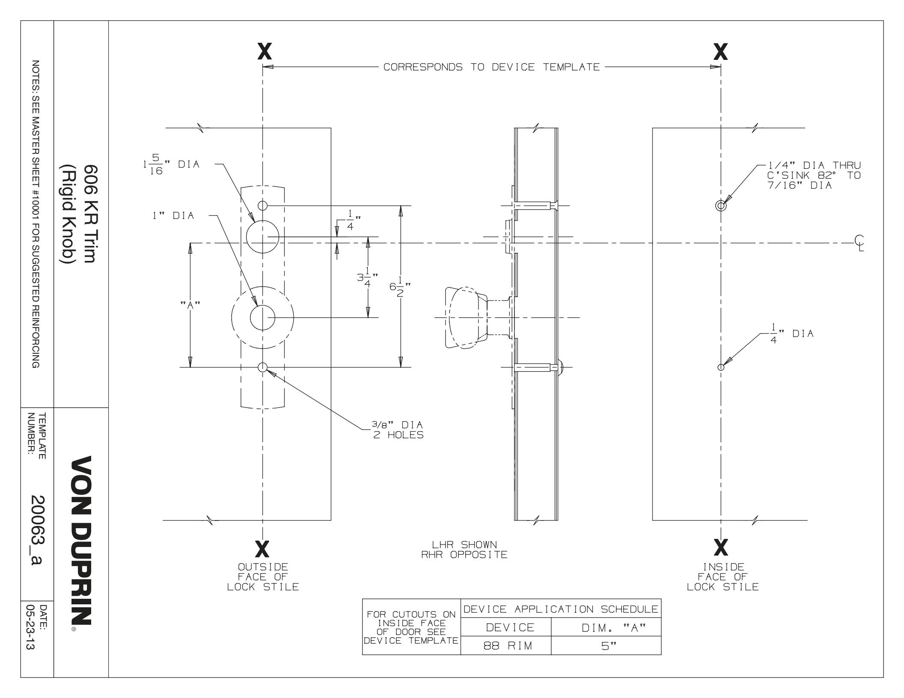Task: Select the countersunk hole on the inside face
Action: coord(721,206)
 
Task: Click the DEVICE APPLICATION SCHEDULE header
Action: coord(561,609)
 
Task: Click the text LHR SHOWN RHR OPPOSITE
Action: coord(470,550)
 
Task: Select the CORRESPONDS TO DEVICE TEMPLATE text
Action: coord(491,67)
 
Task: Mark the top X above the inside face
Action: coord(721,52)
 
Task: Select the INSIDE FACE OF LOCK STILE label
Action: coord(723,577)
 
